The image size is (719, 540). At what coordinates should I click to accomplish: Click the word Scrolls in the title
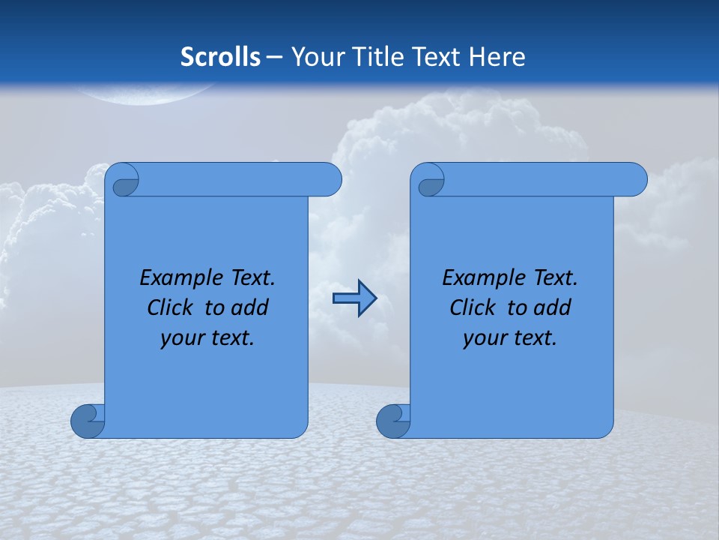(x=221, y=56)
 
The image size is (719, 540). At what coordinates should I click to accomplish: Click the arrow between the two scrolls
(x=354, y=298)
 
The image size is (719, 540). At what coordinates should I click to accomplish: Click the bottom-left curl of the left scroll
(x=88, y=421)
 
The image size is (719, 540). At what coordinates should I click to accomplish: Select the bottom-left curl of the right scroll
(x=393, y=421)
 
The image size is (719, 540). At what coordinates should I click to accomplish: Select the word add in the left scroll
(x=249, y=307)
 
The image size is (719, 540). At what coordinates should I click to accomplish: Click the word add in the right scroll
(x=552, y=307)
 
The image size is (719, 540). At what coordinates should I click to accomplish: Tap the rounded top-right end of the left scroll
(x=330, y=180)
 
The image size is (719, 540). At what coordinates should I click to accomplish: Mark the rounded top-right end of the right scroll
(x=635, y=180)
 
